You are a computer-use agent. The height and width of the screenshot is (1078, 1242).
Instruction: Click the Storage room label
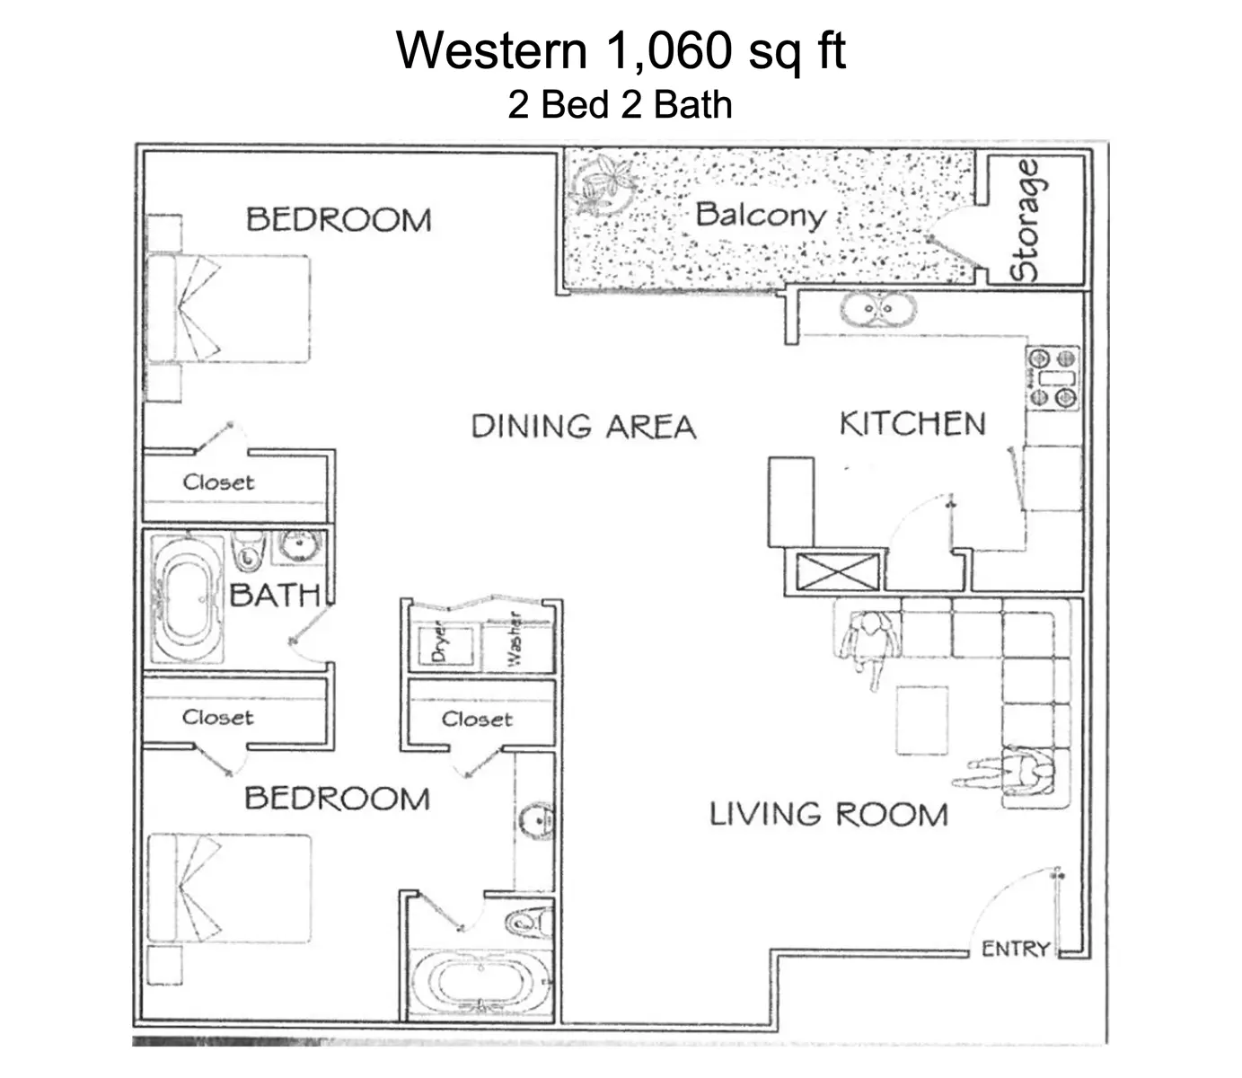tap(1026, 220)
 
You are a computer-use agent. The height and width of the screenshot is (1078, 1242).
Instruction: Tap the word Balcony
tap(760, 215)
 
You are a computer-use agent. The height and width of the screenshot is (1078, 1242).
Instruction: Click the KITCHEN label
tap(912, 424)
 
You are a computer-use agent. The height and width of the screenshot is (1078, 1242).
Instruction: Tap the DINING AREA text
tap(584, 426)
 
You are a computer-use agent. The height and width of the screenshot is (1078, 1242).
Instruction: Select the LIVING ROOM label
tap(828, 815)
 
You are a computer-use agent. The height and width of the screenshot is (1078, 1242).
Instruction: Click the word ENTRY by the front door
tap(1015, 949)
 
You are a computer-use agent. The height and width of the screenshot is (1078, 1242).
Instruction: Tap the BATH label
tap(274, 595)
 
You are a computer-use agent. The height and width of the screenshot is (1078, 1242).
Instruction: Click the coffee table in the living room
tap(922, 720)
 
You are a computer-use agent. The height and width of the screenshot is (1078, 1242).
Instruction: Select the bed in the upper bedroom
tap(229, 309)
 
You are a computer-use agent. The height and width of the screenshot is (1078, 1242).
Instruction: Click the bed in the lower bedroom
tap(229, 888)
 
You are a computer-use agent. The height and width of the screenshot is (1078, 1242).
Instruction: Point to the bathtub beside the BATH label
tap(187, 599)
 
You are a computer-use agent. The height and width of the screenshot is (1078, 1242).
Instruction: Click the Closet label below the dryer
tap(477, 720)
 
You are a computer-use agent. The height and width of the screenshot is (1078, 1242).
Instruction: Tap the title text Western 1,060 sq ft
tap(621, 50)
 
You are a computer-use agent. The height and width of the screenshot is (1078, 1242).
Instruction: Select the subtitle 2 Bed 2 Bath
tap(621, 105)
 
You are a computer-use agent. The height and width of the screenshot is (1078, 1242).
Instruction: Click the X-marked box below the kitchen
tap(836, 572)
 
